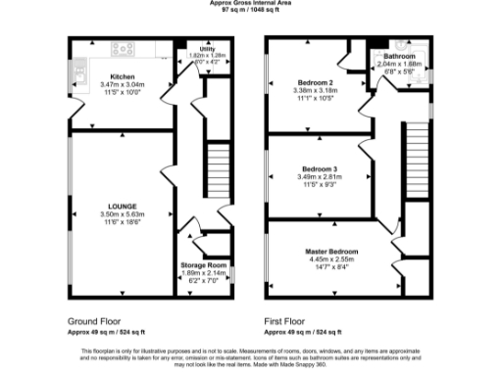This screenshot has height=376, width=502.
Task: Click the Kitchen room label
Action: click(123, 75)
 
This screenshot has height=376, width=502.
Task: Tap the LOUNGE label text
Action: click(123, 207)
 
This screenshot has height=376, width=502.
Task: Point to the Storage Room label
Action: click(204, 265)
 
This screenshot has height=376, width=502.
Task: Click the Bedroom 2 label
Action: click(317, 82)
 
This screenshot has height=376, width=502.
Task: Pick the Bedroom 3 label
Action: click(319, 167)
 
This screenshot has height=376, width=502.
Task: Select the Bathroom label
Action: click(400, 57)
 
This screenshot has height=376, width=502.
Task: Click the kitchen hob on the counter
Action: click(125, 47)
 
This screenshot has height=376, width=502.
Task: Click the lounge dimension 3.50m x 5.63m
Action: click(123, 215)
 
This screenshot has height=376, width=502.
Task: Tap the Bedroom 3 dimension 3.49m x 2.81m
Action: click(319, 176)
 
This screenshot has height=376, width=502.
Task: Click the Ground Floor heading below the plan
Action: click(95, 321)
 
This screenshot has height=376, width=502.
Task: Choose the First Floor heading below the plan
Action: click(284, 321)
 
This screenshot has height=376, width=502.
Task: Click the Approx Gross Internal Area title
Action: click(251, 3)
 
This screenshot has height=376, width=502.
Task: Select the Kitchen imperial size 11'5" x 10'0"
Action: click(123, 93)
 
